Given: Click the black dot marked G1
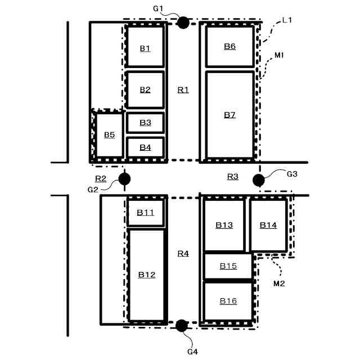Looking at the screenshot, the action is point(183,22).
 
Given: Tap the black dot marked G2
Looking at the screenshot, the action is point(124,179).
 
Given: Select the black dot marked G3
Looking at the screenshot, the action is point(259,180).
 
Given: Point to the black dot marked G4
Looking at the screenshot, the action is point(181,325).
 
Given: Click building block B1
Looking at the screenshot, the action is point(145,48).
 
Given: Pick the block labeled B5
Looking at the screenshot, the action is point(109,135).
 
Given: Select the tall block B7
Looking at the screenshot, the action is point(229,115).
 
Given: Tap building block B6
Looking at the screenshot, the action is point(229,46).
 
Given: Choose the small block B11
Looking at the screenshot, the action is point(145,213).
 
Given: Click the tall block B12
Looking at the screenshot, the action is point(146,274).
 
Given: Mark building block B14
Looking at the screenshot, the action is point(268,225).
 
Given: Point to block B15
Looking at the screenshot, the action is point(228,266).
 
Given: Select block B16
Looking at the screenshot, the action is point(228,301).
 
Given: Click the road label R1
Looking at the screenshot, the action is point(183,89).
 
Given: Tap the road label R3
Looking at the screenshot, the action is point(232,177).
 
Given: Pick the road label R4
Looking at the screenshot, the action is point(183,254).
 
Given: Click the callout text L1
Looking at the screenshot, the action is point(287,20).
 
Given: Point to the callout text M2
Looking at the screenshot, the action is point(279,283).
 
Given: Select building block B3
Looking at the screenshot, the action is point(145,123).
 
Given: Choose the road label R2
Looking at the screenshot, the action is point(101,178).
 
